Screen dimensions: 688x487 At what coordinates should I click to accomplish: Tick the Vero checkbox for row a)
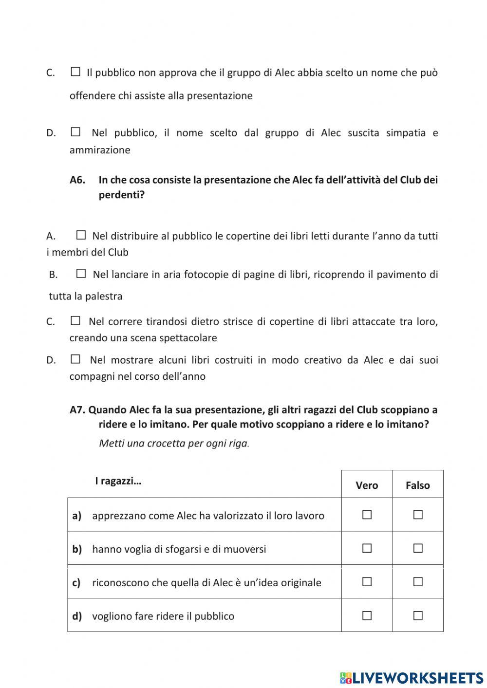(x=367, y=515)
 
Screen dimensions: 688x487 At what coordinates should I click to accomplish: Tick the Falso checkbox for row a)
(x=417, y=515)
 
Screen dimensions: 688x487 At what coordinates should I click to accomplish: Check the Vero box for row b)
(x=367, y=548)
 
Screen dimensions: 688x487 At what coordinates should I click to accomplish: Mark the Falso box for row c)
(x=417, y=582)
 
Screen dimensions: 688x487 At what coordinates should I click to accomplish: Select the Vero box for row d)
(x=367, y=615)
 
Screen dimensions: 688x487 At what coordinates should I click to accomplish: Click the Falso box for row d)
(x=417, y=615)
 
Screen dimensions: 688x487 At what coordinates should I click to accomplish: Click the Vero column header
(x=367, y=485)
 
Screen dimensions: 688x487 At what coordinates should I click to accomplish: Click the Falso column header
(x=417, y=485)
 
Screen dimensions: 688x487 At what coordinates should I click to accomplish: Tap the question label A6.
(x=77, y=180)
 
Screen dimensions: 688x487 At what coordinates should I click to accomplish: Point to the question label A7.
(x=77, y=409)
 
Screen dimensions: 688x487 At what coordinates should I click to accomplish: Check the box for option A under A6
(x=81, y=236)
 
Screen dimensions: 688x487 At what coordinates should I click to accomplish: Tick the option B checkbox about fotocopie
(x=81, y=274)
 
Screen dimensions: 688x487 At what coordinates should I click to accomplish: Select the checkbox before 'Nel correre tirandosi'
(x=75, y=321)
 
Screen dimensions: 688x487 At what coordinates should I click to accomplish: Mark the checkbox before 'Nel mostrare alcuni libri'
(x=75, y=359)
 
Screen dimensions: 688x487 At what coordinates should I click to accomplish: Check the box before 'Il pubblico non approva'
(x=75, y=72)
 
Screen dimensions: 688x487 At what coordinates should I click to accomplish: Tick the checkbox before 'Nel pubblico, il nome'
(x=75, y=132)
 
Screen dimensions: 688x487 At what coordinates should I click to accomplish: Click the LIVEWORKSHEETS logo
(x=412, y=678)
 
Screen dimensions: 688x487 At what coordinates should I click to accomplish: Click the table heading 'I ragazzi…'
(x=118, y=481)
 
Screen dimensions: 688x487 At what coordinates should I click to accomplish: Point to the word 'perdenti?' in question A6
(x=121, y=195)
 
